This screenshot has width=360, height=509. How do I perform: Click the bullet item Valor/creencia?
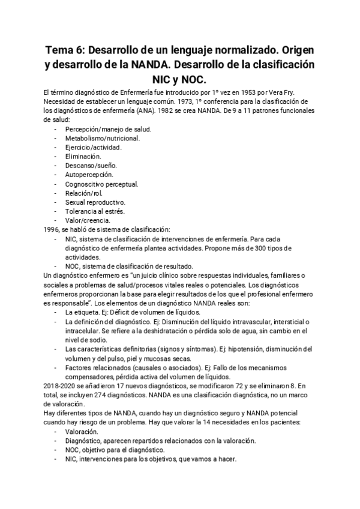[88, 220]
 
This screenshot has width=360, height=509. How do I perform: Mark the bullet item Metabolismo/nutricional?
[103, 139]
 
